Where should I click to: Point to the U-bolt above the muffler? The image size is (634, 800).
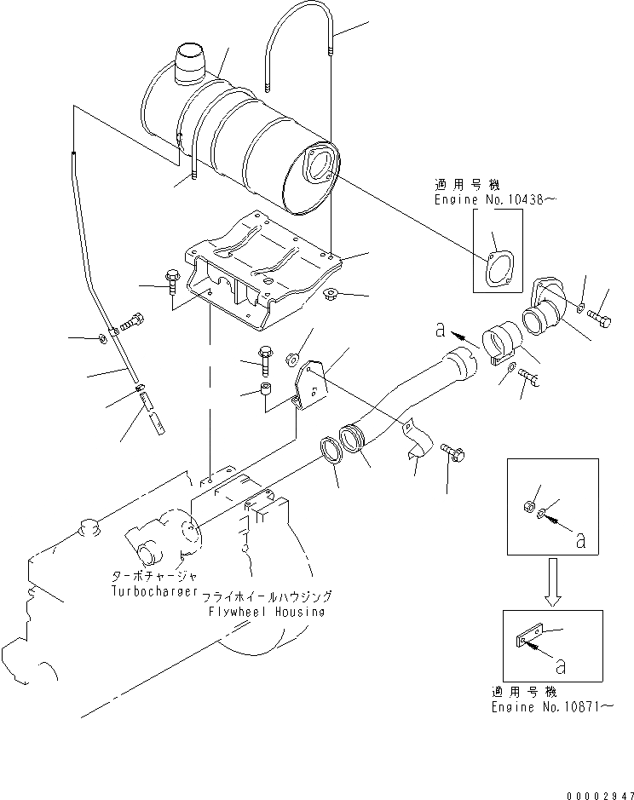pos(298,51)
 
